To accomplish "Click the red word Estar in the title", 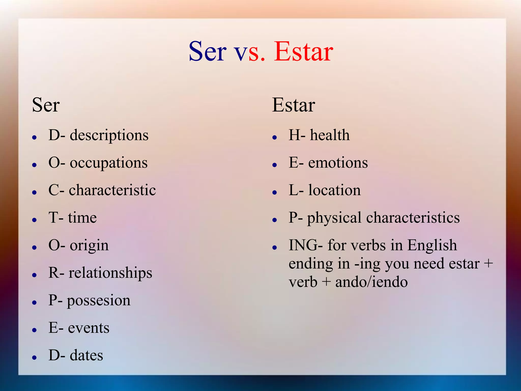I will pyautogui.click(x=303, y=52).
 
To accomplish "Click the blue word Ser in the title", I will pyautogui.click(x=207, y=52).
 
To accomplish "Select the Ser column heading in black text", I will pyautogui.click(x=46, y=105).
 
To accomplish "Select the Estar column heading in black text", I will pyautogui.click(x=293, y=105).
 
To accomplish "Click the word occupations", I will pyautogui.click(x=109, y=163).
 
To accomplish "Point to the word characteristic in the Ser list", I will pyautogui.click(x=112, y=190).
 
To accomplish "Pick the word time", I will pyautogui.click(x=82, y=218).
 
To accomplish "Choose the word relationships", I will pyautogui.click(x=110, y=273).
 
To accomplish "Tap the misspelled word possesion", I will pyautogui.click(x=99, y=301).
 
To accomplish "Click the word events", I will pyautogui.click(x=89, y=328).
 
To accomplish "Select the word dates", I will pyautogui.click(x=86, y=355).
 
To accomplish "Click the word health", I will pyautogui.click(x=329, y=135).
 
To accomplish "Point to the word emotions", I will pyautogui.click(x=338, y=163).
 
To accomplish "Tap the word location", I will pyautogui.click(x=334, y=190).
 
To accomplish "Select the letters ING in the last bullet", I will pyautogui.click(x=303, y=245).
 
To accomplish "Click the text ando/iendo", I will pyautogui.click(x=371, y=282).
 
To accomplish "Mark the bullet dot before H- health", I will pyautogui.click(x=274, y=138).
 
